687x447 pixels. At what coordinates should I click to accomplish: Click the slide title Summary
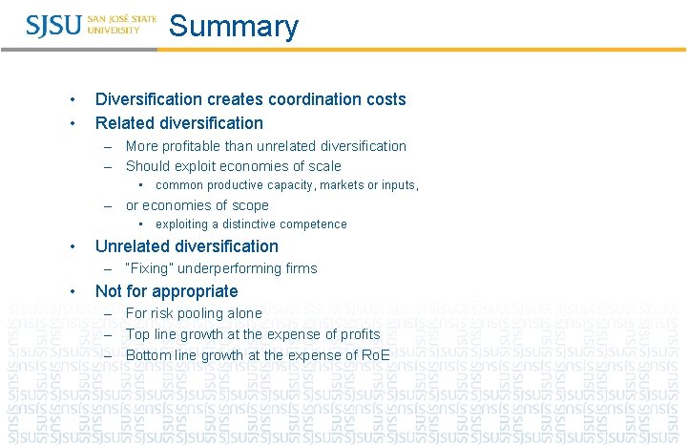(x=233, y=27)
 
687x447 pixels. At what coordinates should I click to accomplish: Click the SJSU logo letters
(x=54, y=25)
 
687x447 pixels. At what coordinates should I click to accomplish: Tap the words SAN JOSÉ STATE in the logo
(x=122, y=18)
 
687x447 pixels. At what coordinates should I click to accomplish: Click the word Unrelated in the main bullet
(x=134, y=246)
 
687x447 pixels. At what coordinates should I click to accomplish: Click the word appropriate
(x=194, y=291)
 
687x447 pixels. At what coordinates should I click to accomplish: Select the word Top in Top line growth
(x=137, y=334)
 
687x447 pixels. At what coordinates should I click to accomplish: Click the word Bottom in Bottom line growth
(x=147, y=355)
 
